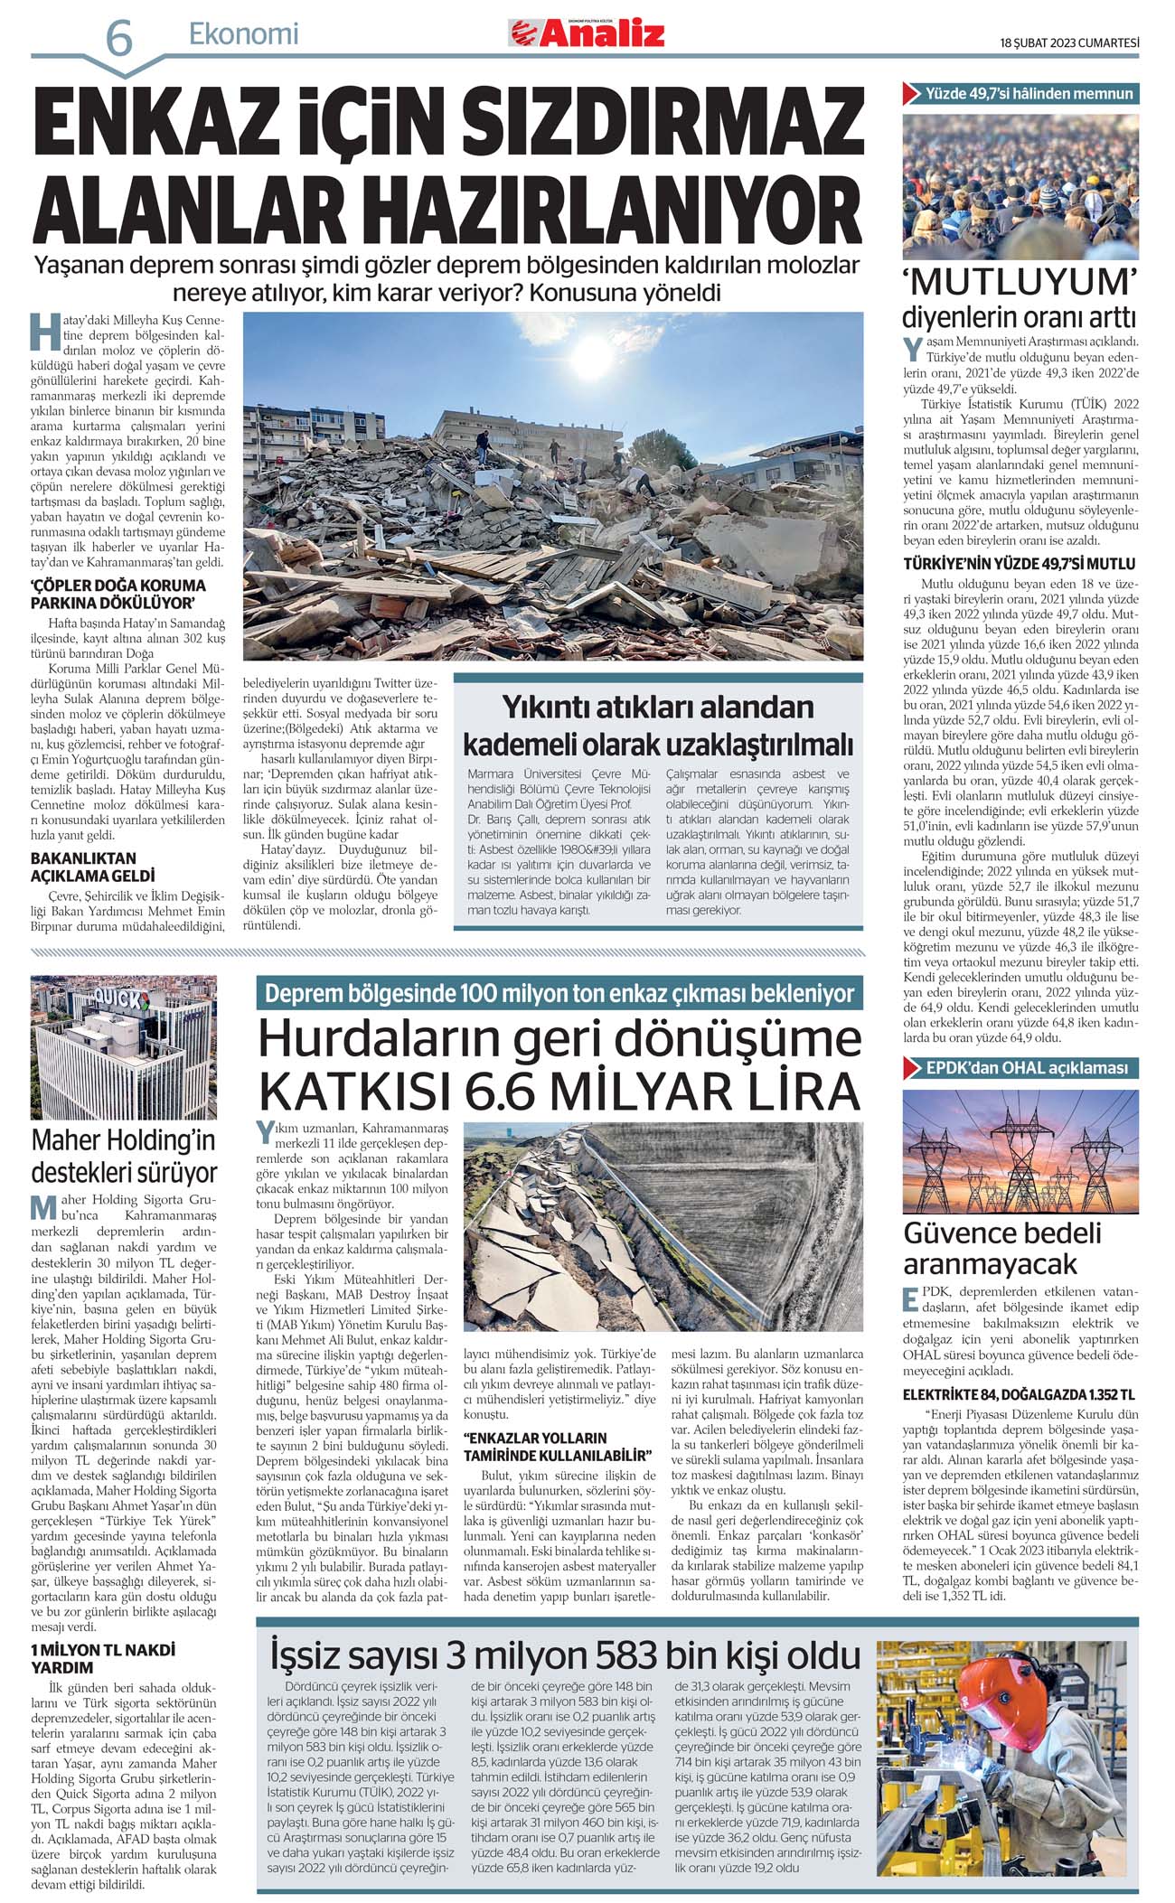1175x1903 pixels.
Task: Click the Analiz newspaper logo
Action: [587, 34]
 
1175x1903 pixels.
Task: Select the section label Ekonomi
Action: [243, 34]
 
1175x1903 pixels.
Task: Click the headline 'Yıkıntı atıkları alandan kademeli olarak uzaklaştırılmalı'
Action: [658, 726]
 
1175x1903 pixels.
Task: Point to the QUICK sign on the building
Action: [116, 999]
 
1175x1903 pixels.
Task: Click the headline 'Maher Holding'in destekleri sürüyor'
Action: [124, 1156]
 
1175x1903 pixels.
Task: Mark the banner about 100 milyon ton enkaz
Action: [559, 994]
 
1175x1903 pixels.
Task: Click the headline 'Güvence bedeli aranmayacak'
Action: [1002, 1248]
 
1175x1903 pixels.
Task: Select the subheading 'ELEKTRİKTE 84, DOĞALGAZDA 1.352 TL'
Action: [1019, 1395]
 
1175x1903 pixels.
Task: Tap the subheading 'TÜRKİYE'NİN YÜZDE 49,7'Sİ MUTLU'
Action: [1020, 564]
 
